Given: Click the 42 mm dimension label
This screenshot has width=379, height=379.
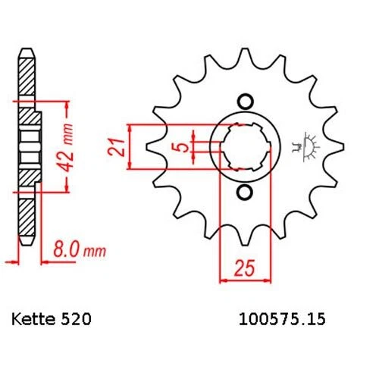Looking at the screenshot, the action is (67, 147).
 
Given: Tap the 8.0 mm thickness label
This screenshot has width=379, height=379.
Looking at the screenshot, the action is (79, 250).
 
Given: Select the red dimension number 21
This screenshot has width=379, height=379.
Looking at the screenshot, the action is (117, 147).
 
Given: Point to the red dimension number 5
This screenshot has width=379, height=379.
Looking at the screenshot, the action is (183, 147).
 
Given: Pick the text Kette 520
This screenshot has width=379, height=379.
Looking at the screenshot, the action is (51, 319).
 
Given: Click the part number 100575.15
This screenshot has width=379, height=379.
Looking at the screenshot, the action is (282, 319).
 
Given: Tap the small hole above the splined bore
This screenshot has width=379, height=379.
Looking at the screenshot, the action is (245, 102).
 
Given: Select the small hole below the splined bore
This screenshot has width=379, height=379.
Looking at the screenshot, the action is (245, 193).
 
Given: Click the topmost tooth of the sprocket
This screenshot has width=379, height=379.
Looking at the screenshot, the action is (244, 55).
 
